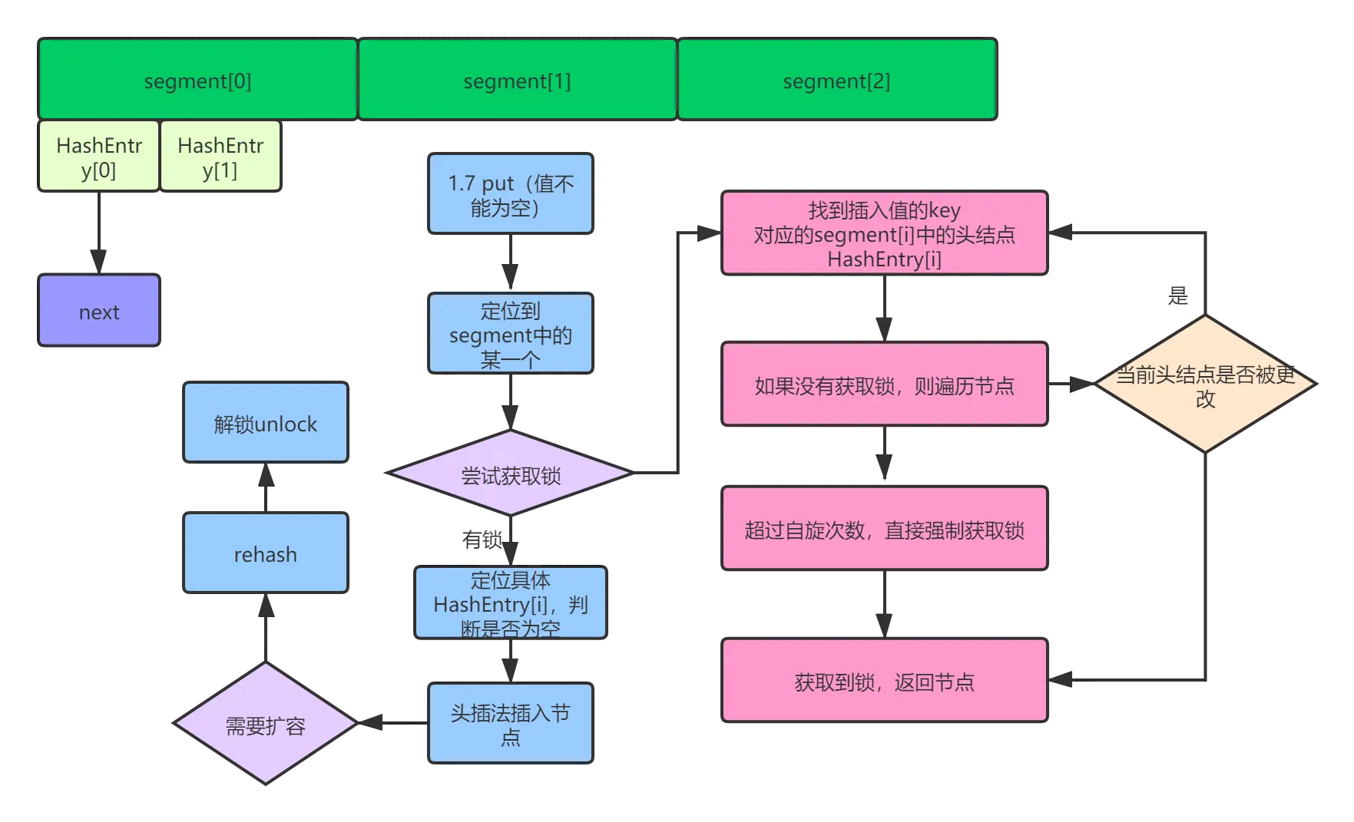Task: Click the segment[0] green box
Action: pyautogui.click(x=197, y=80)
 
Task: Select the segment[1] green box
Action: pyautogui.click(x=517, y=80)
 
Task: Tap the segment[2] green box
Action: pyautogui.click(x=836, y=80)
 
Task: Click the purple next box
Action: pyautogui.click(x=99, y=311)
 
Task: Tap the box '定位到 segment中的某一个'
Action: pyautogui.click(x=511, y=334)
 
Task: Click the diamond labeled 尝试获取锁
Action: pyautogui.click(x=511, y=474)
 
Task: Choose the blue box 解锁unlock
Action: pyautogui.click(x=266, y=423)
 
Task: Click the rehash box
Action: pyautogui.click(x=266, y=553)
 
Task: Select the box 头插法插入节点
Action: pyautogui.click(x=511, y=723)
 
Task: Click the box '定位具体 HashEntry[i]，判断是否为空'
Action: pyautogui.click(x=511, y=602)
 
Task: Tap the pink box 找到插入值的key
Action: pyautogui.click(x=885, y=233)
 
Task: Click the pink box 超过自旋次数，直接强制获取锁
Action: pyautogui.click(x=885, y=529)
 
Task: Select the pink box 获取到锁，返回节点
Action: pyautogui.click(x=885, y=681)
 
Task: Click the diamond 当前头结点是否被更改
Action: pyautogui.click(x=1205, y=384)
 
